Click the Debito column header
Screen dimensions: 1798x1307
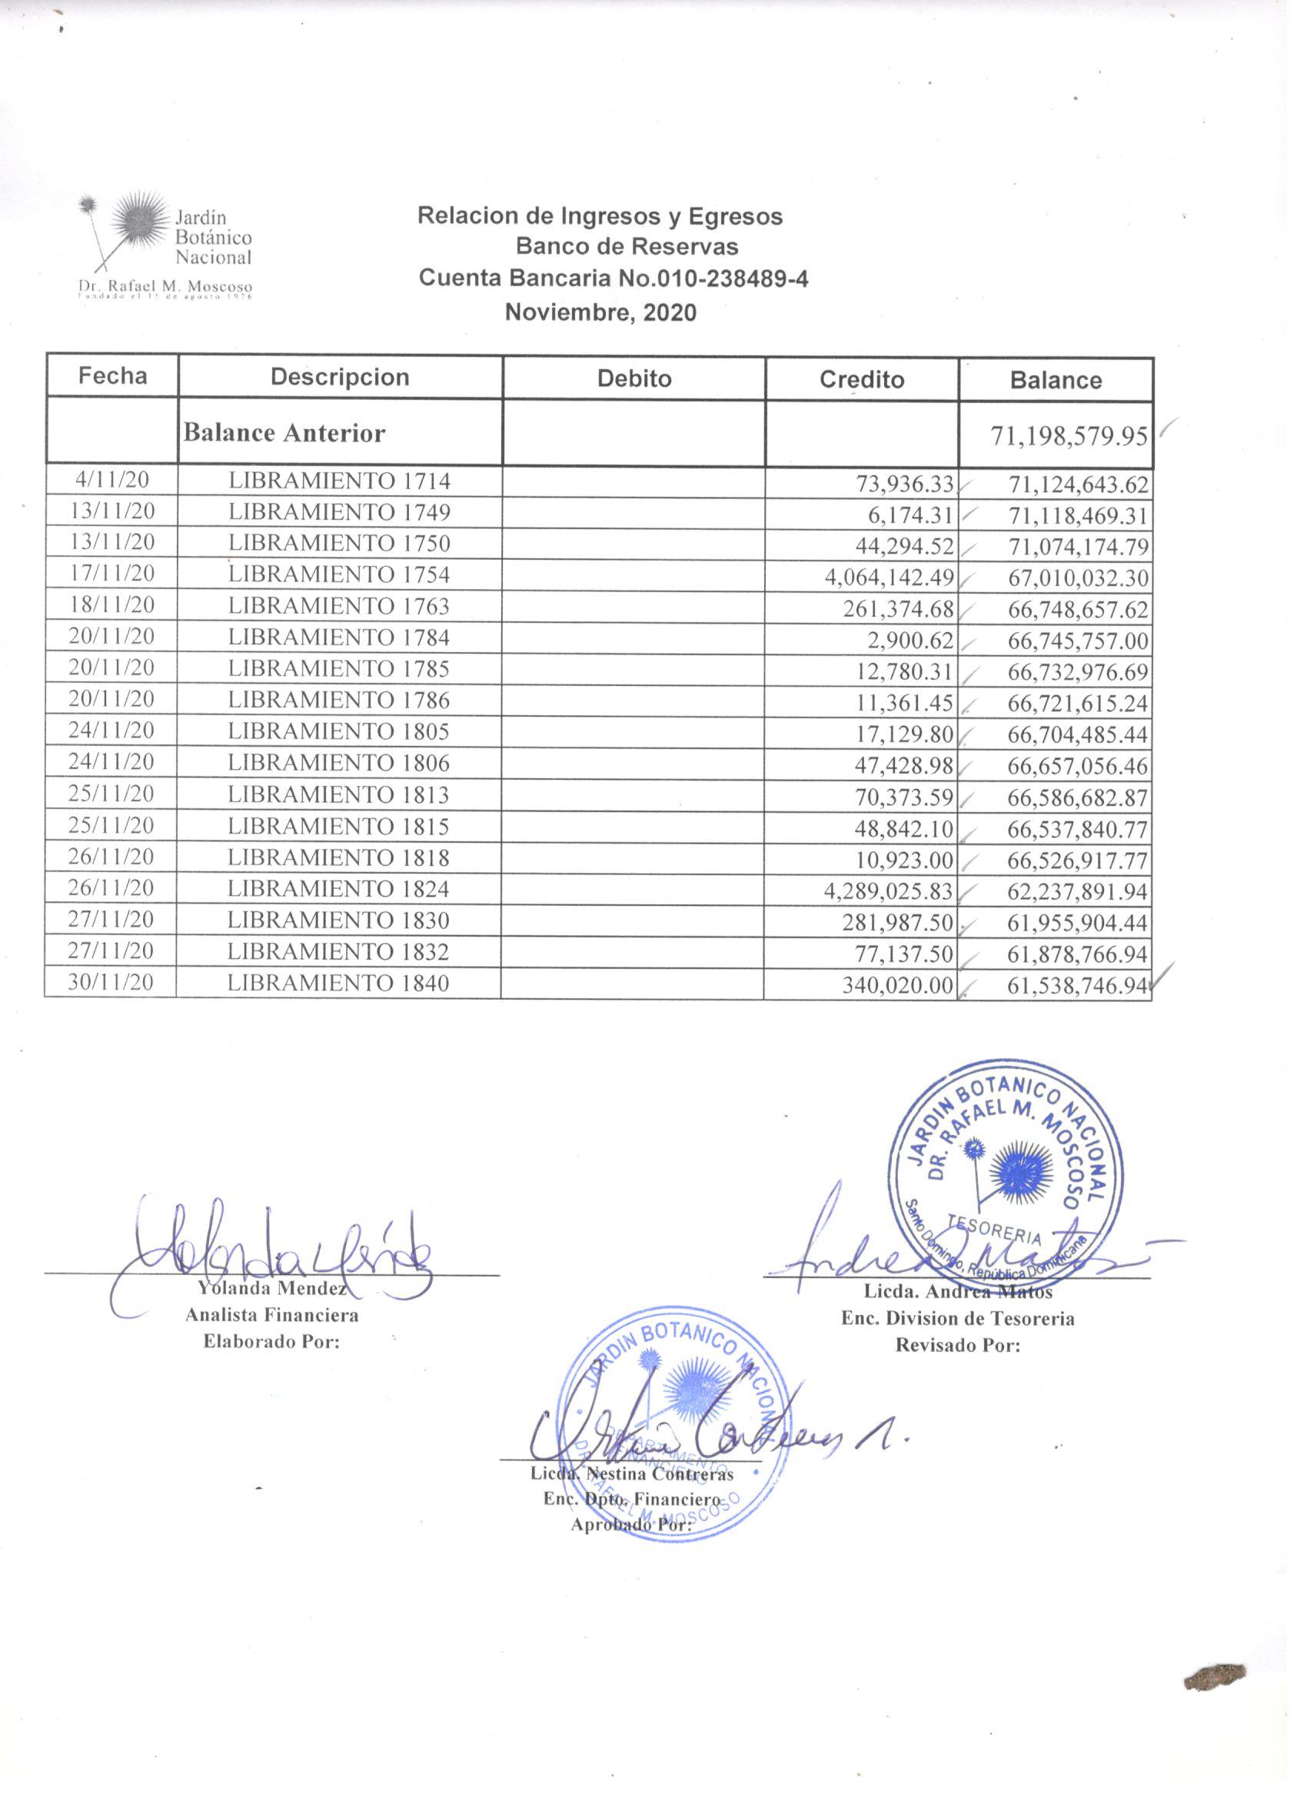634,378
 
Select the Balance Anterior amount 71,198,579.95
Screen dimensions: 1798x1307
1069,435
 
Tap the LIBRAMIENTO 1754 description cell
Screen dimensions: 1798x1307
339,574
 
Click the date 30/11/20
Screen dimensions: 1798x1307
111,982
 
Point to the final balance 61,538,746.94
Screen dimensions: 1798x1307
1077,985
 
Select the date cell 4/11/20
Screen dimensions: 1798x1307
111,481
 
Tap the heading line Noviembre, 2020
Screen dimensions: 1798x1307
600,312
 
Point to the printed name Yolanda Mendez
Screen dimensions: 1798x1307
272,1288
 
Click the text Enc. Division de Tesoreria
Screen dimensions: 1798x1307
957,1318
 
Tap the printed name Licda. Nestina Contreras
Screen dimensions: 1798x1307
632,1474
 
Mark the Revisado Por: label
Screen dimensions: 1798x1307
957,1345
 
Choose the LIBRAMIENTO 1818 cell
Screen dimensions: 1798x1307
338,857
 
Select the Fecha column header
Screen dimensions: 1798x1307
112,376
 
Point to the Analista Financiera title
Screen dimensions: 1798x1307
272,1315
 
